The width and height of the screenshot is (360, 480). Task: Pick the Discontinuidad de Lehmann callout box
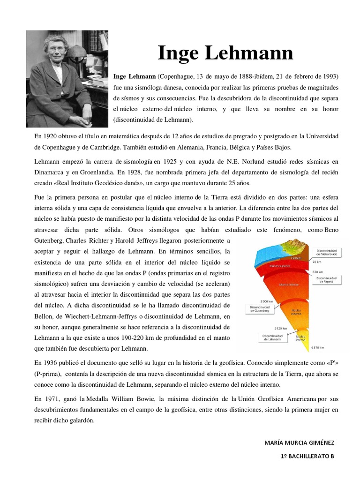point(272,338)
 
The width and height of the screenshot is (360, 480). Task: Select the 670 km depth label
point(317,272)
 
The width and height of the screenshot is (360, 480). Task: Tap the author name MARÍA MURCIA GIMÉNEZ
point(300,442)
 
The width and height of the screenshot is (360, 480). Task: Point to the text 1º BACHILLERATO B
point(307,456)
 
